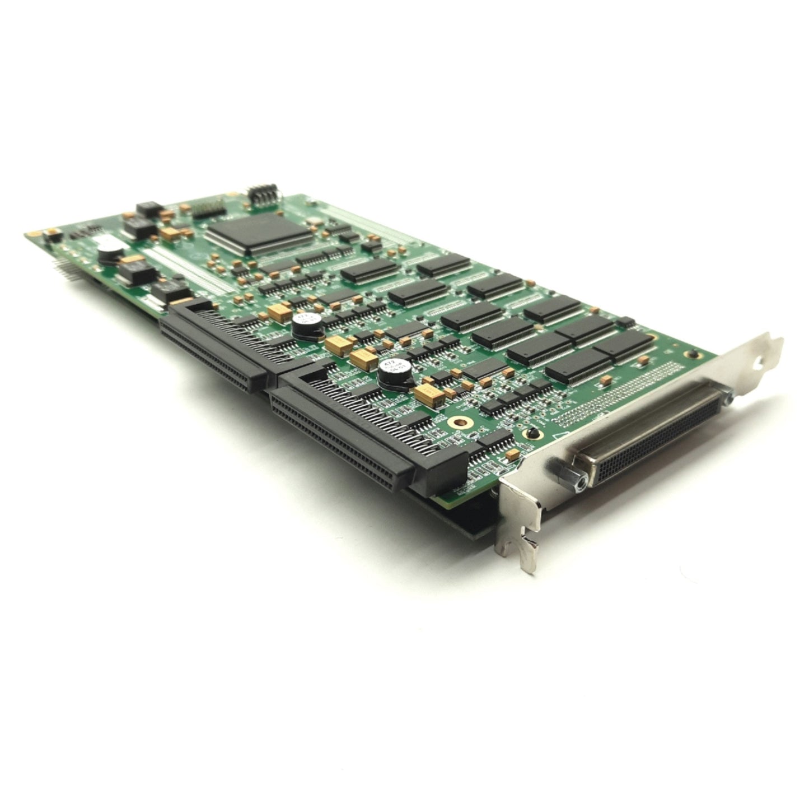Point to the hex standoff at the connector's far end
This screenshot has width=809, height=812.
point(726,398)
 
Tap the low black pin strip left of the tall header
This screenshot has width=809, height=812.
point(209,208)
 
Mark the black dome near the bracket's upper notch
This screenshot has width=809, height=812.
point(694,354)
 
